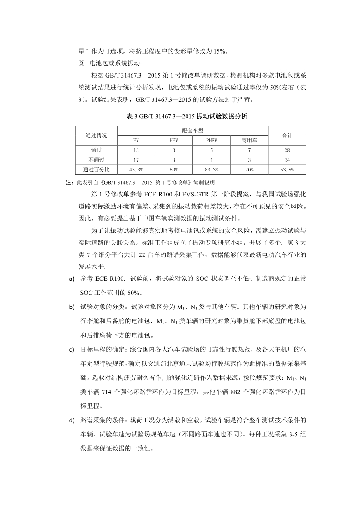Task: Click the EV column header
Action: point(136,140)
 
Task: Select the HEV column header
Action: point(174,140)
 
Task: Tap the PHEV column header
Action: point(212,140)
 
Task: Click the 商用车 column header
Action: point(249,140)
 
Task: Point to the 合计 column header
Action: point(287,136)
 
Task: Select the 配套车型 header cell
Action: point(192,131)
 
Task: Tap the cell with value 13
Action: point(136,150)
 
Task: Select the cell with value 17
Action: point(136,160)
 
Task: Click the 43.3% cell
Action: point(136,169)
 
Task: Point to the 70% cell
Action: point(249,169)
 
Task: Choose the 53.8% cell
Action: point(287,169)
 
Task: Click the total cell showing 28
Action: point(287,150)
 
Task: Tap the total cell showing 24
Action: point(287,160)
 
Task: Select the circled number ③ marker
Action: point(82,63)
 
